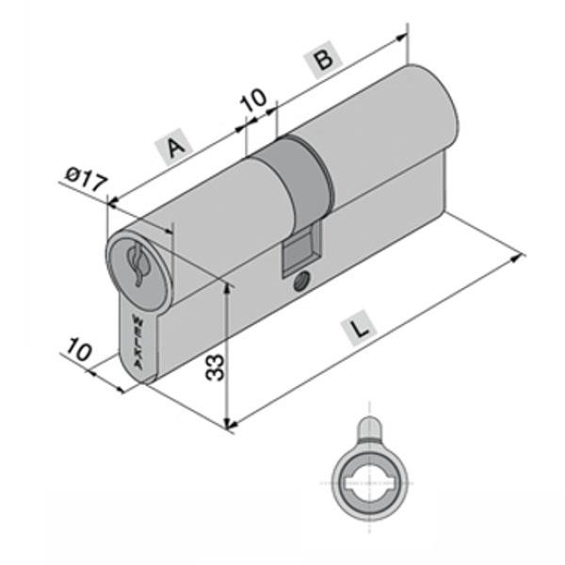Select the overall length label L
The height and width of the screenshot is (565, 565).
tap(360, 330)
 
